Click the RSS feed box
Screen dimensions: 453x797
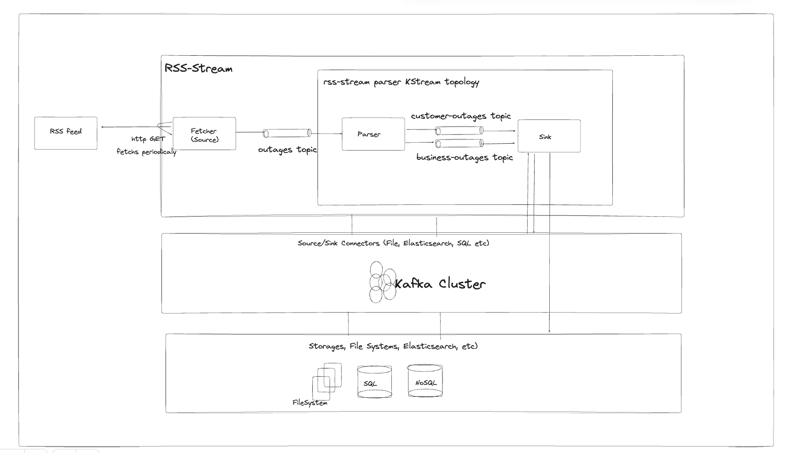point(66,133)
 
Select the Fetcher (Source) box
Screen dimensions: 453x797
point(204,134)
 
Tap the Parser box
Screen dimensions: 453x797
point(373,134)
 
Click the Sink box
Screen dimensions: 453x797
point(549,136)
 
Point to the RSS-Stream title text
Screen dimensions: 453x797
point(198,69)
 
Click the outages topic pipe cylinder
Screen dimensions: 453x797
point(287,133)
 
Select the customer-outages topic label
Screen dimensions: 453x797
point(460,116)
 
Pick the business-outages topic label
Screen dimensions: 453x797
point(464,157)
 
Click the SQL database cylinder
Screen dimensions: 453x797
point(374,382)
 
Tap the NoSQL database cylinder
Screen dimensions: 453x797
point(425,381)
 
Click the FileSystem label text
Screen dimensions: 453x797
point(310,403)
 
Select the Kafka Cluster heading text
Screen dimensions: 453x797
point(440,284)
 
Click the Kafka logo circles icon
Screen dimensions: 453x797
point(382,282)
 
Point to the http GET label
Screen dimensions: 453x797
point(148,139)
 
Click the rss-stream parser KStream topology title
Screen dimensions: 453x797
point(401,82)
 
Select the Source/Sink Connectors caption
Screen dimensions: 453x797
point(393,243)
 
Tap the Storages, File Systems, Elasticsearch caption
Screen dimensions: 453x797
point(393,346)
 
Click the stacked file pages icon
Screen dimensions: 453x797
point(327,381)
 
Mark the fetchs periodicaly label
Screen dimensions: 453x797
point(146,151)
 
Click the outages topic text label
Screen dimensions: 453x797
point(287,150)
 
